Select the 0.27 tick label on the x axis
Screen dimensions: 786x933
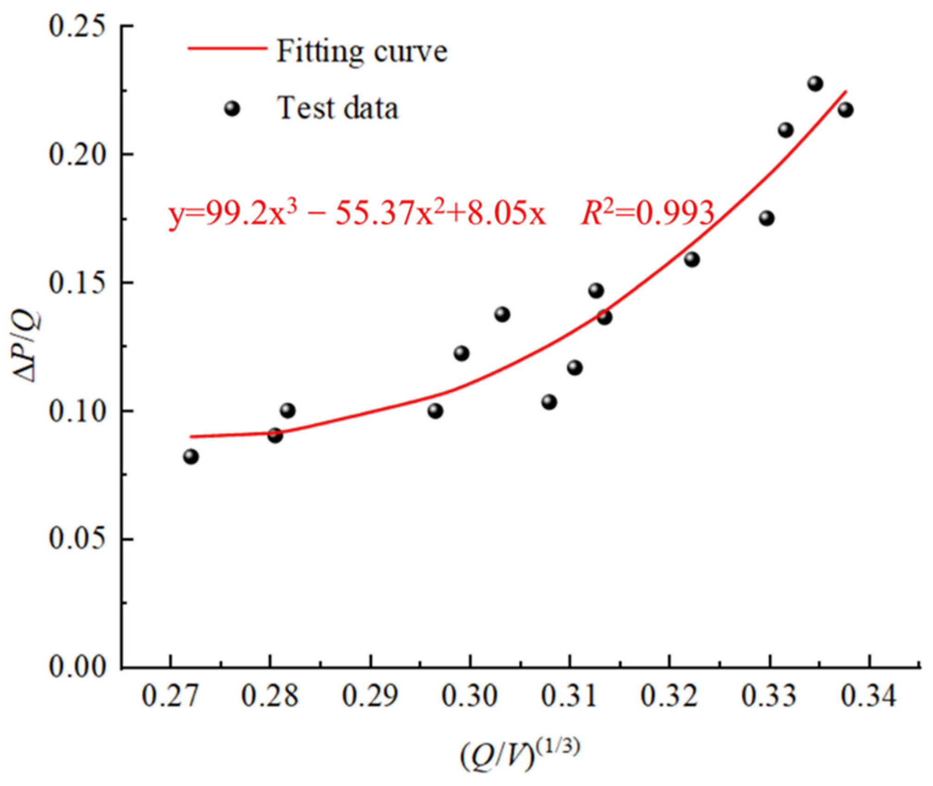click(170, 696)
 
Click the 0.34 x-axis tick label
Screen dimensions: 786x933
click(870, 696)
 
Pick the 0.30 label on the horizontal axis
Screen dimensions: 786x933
click(470, 696)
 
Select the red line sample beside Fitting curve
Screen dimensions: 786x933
click(227, 48)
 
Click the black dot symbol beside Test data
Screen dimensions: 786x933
click(232, 109)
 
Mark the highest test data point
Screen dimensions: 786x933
click(815, 84)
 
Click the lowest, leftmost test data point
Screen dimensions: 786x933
click(191, 457)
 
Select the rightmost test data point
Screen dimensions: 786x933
click(845, 110)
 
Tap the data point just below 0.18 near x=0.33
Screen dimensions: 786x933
click(767, 218)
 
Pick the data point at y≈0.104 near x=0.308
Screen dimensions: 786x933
click(549, 402)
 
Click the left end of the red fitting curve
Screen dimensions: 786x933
click(191, 436)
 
